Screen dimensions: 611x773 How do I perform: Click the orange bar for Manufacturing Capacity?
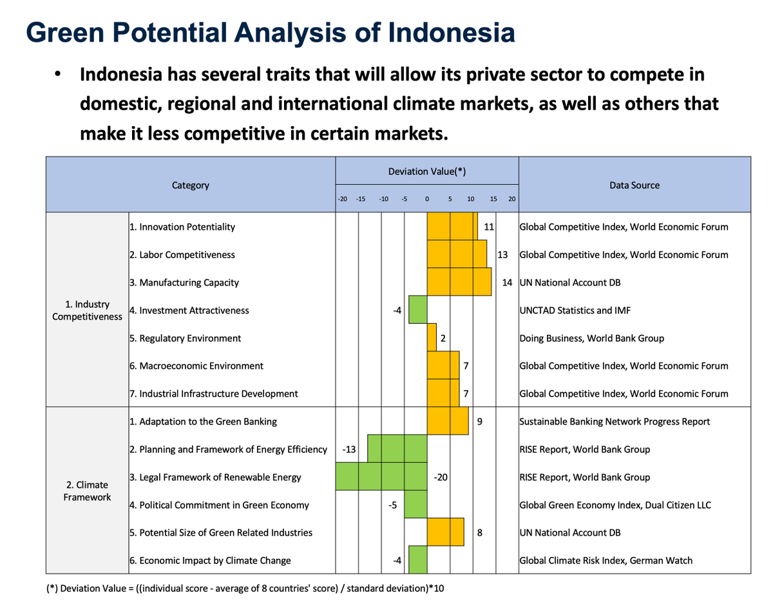pos(459,282)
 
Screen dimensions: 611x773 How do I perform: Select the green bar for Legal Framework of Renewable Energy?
pos(382,477)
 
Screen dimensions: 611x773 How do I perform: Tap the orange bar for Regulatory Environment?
pos(432,338)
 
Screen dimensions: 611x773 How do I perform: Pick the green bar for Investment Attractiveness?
pos(418,310)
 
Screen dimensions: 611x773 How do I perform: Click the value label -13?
pos(348,449)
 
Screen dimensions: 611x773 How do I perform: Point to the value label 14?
pos(507,283)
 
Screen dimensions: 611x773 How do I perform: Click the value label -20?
pos(441,477)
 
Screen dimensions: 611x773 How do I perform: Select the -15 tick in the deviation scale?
pos(361,200)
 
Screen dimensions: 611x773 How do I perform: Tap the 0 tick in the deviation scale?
pos(427,200)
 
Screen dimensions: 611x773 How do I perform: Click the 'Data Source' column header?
pos(634,185)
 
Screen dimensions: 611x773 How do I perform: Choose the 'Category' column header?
pos(190,185)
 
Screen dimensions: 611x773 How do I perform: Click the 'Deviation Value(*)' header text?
pos(426,171)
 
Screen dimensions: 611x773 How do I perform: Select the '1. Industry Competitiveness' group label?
pos(87,310)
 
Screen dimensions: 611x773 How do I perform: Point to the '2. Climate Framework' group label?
pos(87,491)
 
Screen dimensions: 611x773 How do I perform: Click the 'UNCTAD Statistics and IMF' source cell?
pos(575,310)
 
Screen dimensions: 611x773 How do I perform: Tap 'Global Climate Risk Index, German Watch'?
pos(606,560)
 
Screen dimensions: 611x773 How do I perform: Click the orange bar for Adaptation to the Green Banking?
pos(448,422)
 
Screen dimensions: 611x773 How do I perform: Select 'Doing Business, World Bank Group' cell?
pos(591,338)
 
